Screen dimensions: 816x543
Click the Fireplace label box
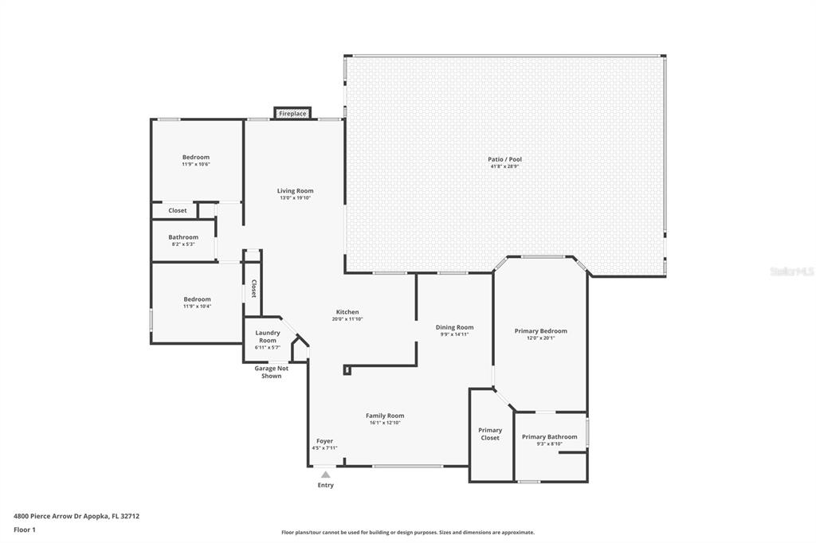(292, 113)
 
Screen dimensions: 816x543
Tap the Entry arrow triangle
(325, 475)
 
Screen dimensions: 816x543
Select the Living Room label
(295, 191)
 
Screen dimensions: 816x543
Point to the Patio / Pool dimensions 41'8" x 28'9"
(504, 166)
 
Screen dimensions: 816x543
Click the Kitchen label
(347, 312)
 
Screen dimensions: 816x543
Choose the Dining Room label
(454, 327)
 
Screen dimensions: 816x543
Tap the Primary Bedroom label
(541, 330)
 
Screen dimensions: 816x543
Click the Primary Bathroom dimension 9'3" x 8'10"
(549, 443)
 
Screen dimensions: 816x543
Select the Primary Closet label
(490, 434)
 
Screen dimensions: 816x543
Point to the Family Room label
(385, 416)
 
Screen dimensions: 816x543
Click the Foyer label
(325, 441)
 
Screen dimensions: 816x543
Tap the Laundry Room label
(268, 337)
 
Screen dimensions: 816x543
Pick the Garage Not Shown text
(271, 372)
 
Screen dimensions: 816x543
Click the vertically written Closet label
(253, 289)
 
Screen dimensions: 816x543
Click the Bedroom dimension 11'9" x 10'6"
(196, 164)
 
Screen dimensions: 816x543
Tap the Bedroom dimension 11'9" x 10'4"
(197, 307)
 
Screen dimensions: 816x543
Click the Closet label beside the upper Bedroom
(178, 211)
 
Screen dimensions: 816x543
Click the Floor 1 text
(25, 530)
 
